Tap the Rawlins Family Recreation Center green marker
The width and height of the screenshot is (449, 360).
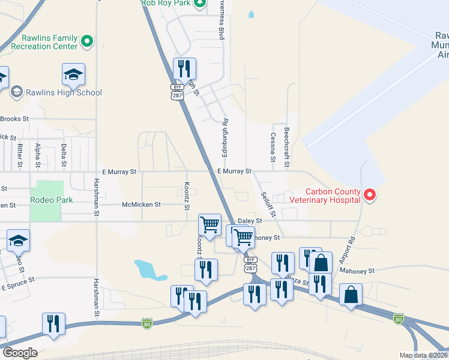point(87,41)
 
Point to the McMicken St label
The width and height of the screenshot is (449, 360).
point(141,205)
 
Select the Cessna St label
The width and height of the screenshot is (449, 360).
point(273,148)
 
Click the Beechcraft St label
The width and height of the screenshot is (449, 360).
point(287,145)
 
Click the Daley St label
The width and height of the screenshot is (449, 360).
point(250,221)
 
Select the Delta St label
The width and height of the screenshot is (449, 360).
point(64,155)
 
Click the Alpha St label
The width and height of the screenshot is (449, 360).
point(38,155)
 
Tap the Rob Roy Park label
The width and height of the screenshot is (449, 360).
point(165,3)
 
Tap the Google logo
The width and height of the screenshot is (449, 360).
point(20,353)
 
